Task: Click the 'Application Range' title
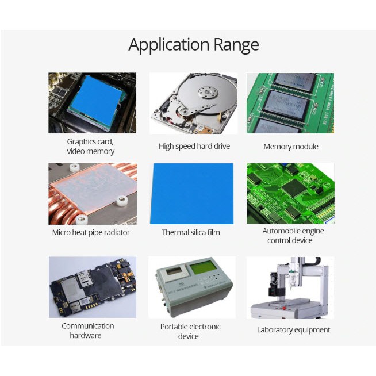point(194,45)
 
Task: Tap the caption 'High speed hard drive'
point(194,146)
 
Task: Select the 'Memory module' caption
point(291,147)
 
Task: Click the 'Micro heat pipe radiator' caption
point(91,232)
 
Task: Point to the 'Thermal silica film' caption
point(191,232)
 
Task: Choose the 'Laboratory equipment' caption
point(293,330)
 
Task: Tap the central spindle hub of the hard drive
point(208,93)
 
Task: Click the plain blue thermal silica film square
point(191,194)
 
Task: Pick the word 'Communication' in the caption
point(88,326)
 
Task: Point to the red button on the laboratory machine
point(284,308)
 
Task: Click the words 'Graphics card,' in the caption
point(90,142)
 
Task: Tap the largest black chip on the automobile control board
point(293,187)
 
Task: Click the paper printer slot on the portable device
point(174,271)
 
